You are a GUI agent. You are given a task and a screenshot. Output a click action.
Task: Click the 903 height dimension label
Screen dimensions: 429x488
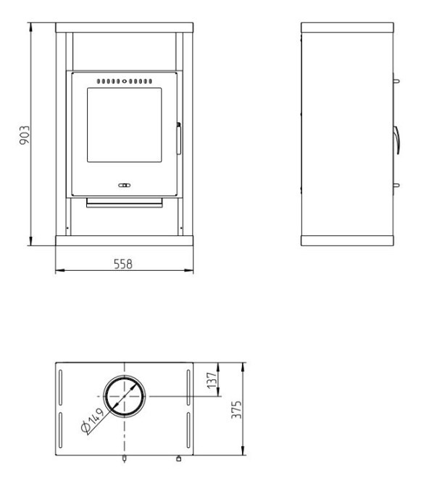(25, 135)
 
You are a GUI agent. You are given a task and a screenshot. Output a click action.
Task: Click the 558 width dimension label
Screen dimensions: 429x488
(123, 264)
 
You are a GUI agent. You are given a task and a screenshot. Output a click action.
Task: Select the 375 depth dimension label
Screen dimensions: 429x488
(236, 410)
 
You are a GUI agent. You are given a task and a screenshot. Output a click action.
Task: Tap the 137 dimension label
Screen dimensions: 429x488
(212, 380)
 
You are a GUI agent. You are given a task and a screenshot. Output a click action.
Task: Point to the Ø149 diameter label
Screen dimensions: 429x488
(92, 420)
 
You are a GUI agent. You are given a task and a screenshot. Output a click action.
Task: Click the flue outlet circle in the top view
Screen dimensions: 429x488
(125, 376)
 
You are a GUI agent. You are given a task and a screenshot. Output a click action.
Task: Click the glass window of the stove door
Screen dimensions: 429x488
(125, 125)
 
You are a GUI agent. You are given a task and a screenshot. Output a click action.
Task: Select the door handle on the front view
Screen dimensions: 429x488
(179, 139)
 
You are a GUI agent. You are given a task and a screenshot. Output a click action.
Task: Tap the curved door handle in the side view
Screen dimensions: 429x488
(396, 140)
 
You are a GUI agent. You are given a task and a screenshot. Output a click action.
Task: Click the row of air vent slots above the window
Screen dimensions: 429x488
(125, 82)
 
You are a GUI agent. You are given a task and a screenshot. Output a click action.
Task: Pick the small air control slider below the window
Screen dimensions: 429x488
(125, 185)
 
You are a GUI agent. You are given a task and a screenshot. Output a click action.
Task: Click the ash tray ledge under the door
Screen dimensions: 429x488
(125, 202)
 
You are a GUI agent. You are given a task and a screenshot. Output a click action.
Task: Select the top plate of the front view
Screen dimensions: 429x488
(125, 28)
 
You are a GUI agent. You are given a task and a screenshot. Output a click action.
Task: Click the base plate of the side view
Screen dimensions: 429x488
(347, 240)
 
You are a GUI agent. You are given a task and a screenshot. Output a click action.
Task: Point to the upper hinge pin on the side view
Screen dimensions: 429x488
(396, 81)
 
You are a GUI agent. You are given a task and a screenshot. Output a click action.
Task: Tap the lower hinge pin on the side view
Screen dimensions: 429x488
(396, 185)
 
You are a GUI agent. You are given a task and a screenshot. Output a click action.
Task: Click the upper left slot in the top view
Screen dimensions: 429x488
(60, 387)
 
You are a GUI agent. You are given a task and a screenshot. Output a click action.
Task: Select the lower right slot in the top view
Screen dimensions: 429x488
(188, 430)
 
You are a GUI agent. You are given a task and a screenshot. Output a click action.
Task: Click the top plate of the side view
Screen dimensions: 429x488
(347, 28)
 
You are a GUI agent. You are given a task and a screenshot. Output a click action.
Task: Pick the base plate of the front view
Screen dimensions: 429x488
(125, 240)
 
